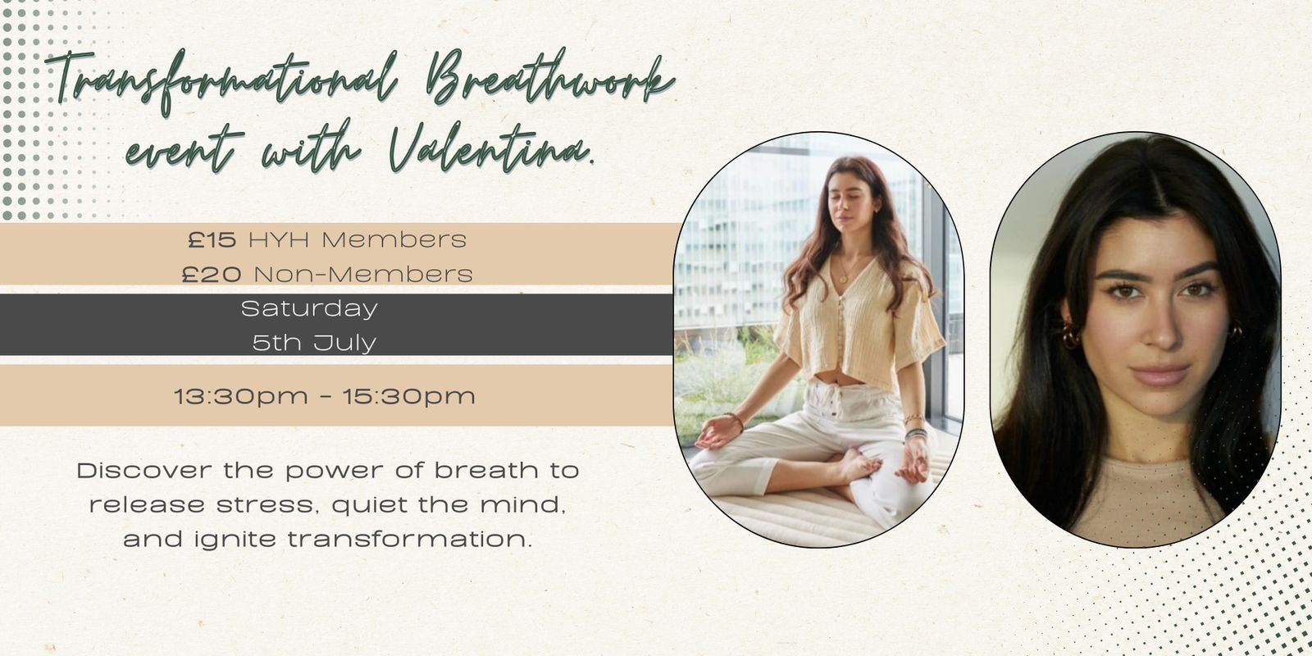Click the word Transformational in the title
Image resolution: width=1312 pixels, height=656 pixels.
coord(222,82)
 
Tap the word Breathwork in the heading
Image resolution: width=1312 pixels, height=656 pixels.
coord(550,79)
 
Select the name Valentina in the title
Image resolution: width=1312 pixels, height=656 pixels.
coord(491,148)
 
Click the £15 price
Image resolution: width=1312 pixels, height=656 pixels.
coord(212,239)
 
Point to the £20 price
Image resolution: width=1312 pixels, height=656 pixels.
coord(212,274)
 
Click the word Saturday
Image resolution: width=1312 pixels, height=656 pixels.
coord(309,308)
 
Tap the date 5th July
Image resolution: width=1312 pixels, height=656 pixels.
coord(315,343)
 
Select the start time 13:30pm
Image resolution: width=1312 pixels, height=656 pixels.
coord(241,397)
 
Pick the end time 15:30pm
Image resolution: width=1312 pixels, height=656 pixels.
coord(409,397)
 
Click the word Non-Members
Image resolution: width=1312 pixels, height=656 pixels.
coord(363,274)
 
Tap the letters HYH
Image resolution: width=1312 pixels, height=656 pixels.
coord(279,239)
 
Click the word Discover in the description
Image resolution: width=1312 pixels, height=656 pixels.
coord(144,471)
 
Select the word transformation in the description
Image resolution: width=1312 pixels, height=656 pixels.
coord(410,539)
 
